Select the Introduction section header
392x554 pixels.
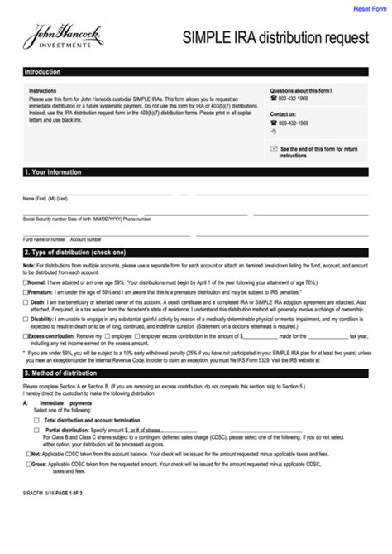click(42, 72)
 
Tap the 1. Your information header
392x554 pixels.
click(54, 172)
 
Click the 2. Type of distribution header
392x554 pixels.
click(75, 252)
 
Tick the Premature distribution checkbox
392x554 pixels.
click(26, 292)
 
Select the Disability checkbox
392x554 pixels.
click(26, 319)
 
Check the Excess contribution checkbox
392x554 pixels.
click(26, 337)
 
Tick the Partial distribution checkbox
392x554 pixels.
click(36, 431)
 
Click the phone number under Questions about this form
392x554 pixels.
click(293, 99)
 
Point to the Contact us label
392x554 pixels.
click(283, 114)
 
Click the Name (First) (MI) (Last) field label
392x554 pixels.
click(45, 200)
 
